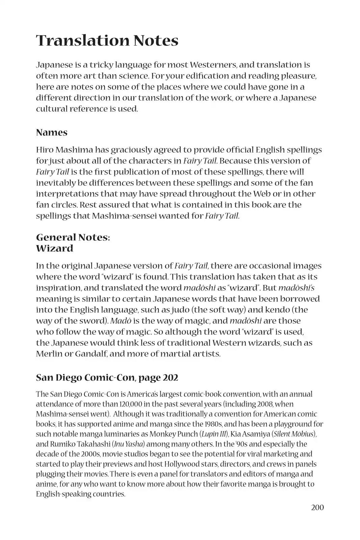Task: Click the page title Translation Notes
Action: pos(107,40)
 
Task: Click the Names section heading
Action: pos(52,132)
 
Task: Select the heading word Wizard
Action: pos(54,248)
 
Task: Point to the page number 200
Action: pos(317,507)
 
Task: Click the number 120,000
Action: pos(130,404)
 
